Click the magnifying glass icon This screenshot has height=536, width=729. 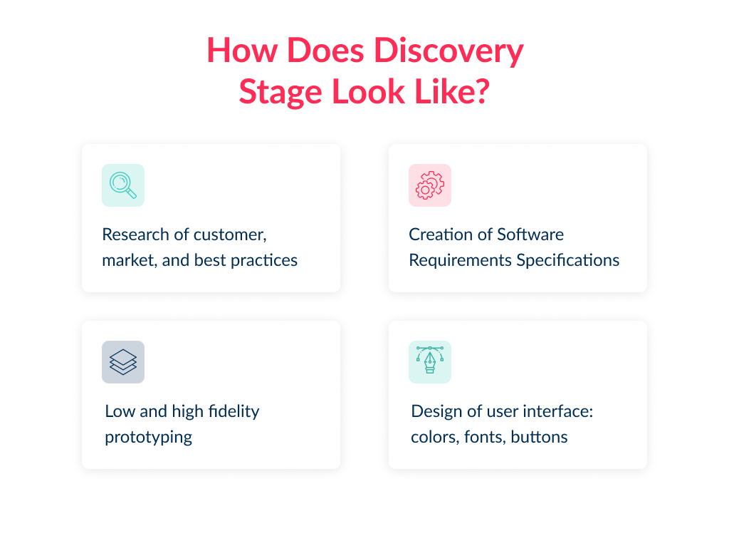(122, 185)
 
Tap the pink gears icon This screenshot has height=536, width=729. (430, 185)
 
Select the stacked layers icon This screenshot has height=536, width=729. (123, 362)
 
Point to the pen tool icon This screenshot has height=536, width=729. (430, 360)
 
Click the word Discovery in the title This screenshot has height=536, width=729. (449, 51)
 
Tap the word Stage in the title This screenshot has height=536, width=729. (280, 92)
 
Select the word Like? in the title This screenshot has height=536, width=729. (452, 91)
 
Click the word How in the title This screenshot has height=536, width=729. (242, 50)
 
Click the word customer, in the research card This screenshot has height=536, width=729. (230, 235)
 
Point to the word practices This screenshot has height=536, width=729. (264, 261)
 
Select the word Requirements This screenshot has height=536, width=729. (461, 261)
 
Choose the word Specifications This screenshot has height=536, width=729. (567, 261)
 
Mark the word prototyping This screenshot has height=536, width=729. (148, 438)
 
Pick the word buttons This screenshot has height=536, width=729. (540, 438)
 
